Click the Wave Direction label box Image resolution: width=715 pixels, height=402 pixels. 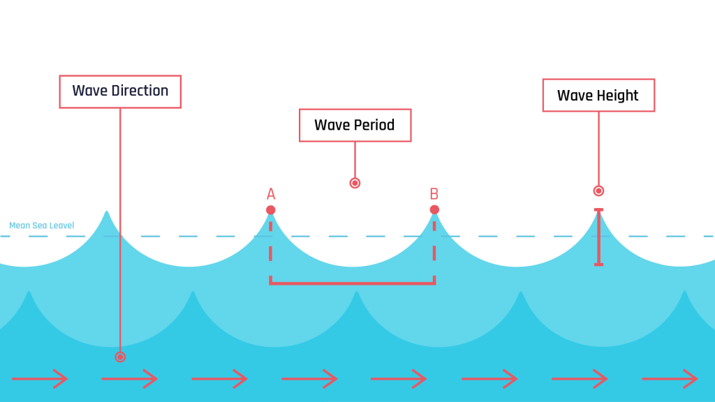tap(120, 91)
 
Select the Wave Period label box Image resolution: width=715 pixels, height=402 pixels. tap(355, 126)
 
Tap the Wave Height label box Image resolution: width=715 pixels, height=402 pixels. tap(598, 96)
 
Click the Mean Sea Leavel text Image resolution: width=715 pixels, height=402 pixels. tap(41, 225)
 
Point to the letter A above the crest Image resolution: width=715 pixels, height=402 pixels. tap(271, 194)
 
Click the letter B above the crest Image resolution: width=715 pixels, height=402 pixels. tap(434, 194)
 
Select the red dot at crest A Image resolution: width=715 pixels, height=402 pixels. tap(271, 210)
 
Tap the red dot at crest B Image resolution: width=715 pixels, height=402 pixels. tap(434, 210)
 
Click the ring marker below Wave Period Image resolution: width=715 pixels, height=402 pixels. tap(355, 183)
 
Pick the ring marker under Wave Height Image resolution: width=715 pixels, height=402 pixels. tap(598, 191)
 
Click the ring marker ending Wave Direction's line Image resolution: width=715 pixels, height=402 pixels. tap(120, 357)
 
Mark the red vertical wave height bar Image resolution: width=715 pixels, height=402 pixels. tap(598, 237)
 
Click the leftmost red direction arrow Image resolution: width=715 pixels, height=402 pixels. tap(49, 379)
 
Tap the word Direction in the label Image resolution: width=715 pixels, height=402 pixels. tap(140, 91)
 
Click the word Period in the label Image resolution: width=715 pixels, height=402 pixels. tap(374, 126)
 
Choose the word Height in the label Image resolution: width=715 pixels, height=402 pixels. tap(617, 96)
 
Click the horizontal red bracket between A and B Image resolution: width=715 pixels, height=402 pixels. tap(353, 283)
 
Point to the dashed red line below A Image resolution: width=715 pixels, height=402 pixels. tap(271, 248)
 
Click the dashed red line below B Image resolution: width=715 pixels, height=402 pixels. tap(434, 248)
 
